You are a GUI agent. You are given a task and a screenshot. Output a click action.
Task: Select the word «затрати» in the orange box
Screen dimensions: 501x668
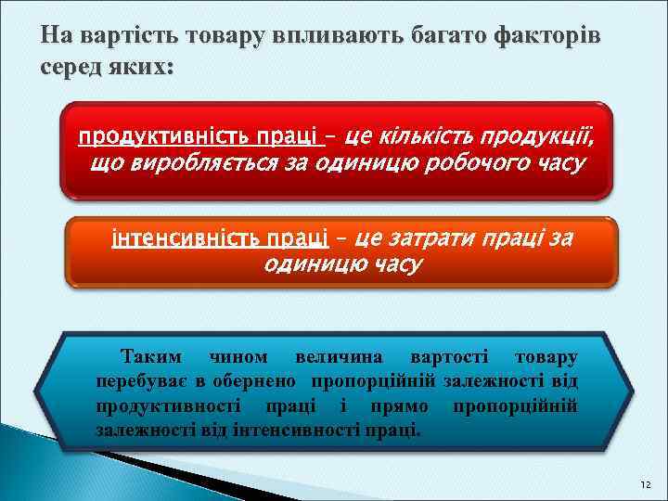423,238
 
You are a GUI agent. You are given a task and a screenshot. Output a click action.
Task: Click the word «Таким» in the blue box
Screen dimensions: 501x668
151,357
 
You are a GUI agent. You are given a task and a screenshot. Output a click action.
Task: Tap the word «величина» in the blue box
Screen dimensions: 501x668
337,357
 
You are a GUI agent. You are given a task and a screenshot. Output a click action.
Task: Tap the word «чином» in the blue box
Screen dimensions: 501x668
239,357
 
